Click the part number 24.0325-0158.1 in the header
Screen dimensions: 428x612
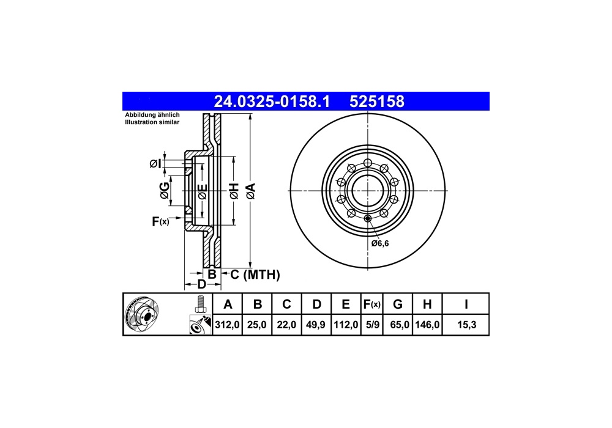tap(271, 101)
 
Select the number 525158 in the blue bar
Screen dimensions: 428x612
tap(376, 101)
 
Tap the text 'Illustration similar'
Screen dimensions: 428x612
tap(152, 123)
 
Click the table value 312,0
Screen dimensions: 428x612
tap(228, 325)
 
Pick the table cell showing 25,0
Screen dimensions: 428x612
tap(258, 325)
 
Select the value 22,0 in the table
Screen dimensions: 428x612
tap(287, 325)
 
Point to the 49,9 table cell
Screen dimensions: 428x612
tap(316, 325)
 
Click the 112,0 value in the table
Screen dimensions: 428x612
tap(346, 325)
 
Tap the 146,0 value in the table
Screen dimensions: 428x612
tap(427, 325)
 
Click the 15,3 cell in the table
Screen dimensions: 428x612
tap(466, 325)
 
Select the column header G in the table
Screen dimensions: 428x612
tap(398, 304)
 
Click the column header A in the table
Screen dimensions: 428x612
tap(228, 304)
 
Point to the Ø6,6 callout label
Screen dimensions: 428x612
tap(379, 243)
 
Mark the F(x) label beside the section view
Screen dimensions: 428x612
tap(160, 221)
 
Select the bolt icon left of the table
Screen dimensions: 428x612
tap(200, 303)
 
